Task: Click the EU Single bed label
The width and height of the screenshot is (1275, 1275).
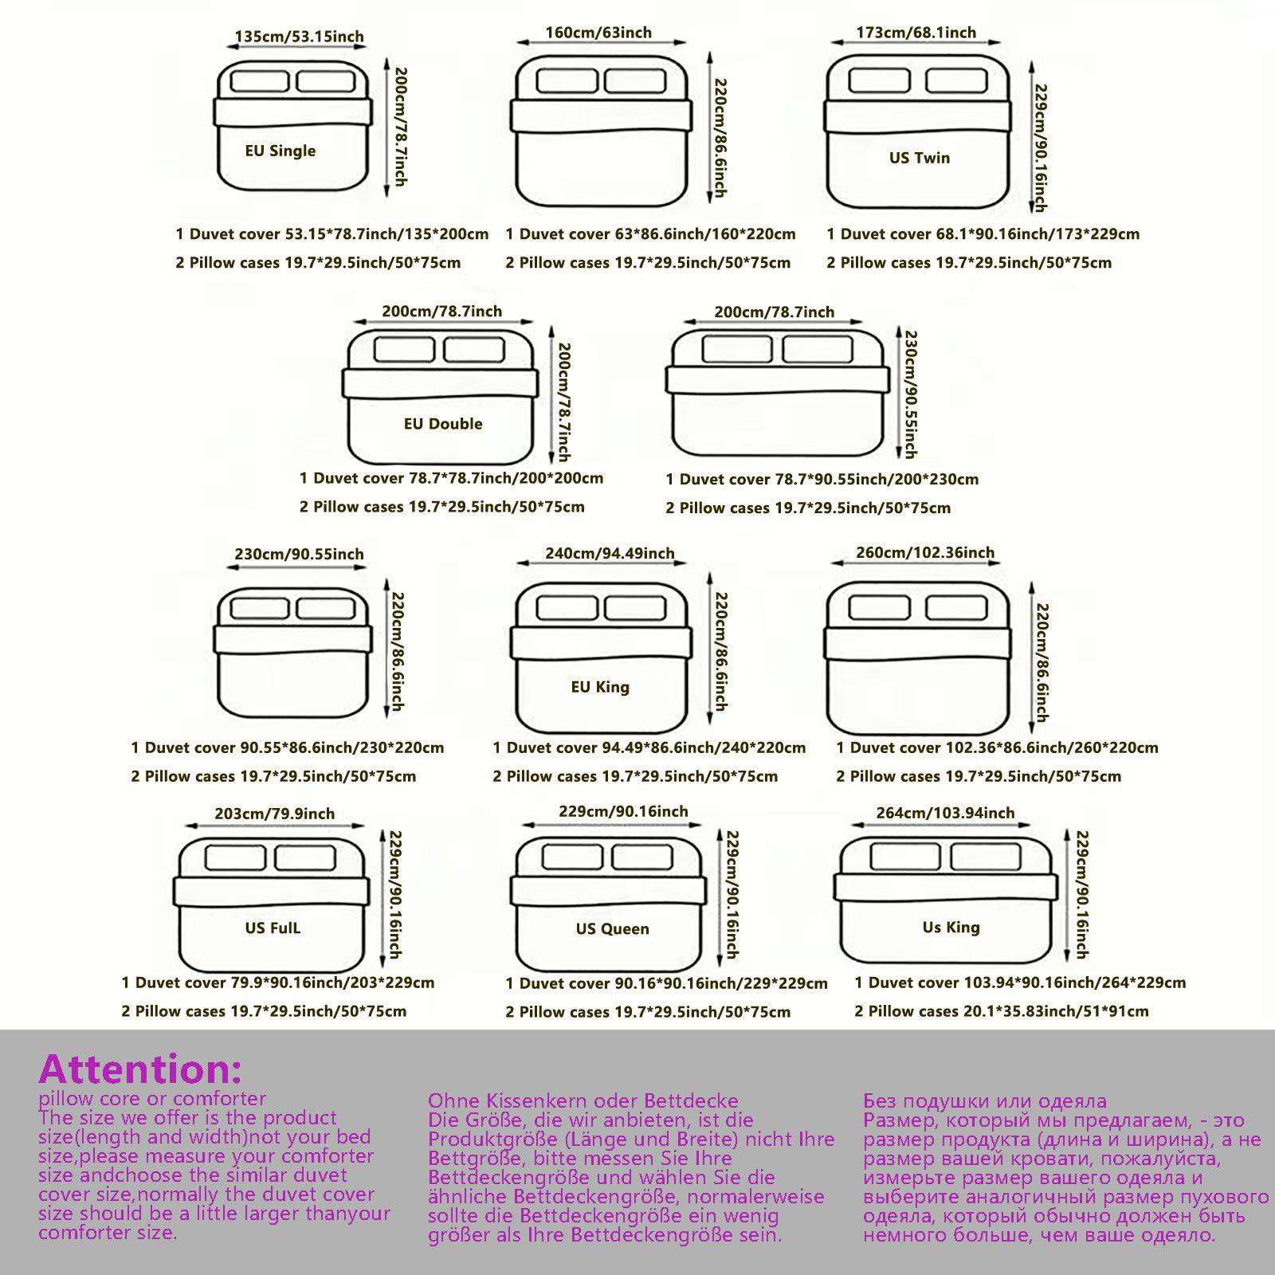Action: (x=280, y=151)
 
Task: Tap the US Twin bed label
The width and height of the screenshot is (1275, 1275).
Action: (x=920, y=158)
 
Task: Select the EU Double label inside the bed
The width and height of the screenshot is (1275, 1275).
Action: (x=443, y=424)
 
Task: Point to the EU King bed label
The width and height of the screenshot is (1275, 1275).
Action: (x=600, y=687)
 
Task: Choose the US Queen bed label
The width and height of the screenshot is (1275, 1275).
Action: (x=612, y=928)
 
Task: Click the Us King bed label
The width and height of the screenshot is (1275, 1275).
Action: (x=951, y=927)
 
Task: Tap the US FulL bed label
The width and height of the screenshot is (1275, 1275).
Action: (x=273, y=928)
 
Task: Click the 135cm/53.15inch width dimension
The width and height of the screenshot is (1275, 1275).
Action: (x=299, y=37)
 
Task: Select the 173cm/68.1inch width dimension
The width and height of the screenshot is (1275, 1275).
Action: (x=916, y=33)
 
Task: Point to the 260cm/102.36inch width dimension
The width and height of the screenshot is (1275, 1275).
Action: (x=924, y=552)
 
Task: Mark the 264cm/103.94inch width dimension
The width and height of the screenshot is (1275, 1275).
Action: (x=945, y=813)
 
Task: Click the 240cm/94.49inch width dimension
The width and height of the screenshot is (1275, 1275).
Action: (x=610, y=553)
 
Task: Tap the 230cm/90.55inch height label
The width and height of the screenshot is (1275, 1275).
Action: (x=909, y=394)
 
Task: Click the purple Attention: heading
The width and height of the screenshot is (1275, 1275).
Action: (x=140, y=1069)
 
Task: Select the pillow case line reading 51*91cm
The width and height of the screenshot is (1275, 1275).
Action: (x=1001, y=1011)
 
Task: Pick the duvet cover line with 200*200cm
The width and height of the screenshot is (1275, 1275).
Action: (x=451, y=478)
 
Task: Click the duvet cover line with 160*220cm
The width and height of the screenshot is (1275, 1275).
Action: (x=650, y=234)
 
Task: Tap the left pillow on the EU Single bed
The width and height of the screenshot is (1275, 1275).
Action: (x=260, y=81)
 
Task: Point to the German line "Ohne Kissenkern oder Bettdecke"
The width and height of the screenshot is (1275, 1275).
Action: (x=583, y=1101)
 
